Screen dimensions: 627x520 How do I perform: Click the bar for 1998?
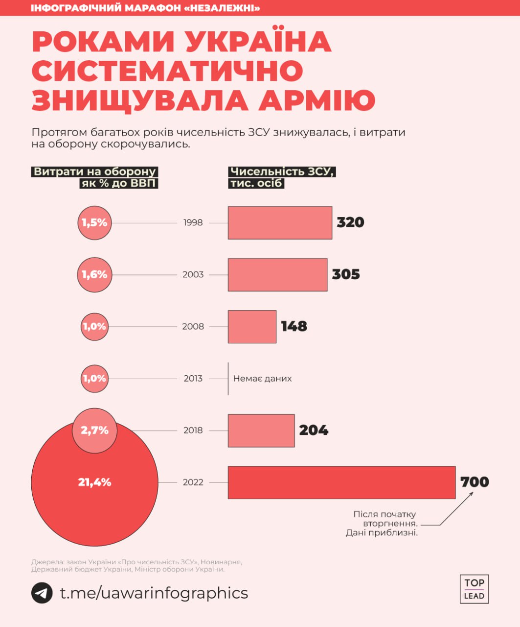280,223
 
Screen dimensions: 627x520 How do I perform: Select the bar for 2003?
277,275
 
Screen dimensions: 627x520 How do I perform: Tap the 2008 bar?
252,327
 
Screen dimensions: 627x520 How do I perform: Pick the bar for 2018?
261,431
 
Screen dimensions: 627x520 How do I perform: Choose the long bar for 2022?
341,482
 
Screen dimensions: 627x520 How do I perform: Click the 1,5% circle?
94,223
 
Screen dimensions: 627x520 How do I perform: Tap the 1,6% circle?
94,275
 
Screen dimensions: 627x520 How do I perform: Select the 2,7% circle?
94,431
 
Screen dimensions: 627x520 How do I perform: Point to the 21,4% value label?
94,482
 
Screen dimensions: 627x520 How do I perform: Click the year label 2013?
193,379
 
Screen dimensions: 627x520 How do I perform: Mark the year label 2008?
193,327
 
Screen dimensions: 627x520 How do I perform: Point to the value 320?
351,222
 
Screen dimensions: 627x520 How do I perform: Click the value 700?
475,482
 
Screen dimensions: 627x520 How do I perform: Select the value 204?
314,431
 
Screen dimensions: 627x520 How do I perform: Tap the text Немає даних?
262,379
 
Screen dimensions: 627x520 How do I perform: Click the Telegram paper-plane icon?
42,593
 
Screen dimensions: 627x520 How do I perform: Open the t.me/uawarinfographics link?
154,593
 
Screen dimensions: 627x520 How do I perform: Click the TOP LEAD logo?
474,589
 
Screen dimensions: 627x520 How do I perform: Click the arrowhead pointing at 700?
471,494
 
